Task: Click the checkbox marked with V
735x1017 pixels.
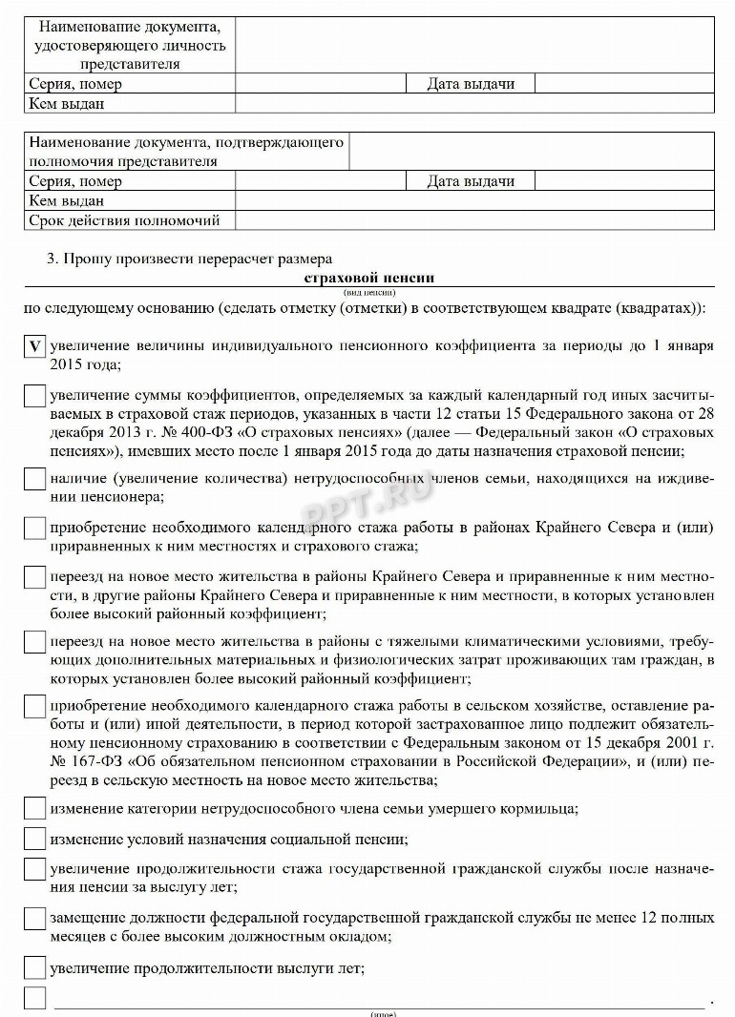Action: (34, 347)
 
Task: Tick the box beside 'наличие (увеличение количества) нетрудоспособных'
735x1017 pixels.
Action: (34, 478)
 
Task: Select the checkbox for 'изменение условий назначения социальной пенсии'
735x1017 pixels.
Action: (34, 840)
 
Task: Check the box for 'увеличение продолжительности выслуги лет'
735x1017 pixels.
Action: (34, 968)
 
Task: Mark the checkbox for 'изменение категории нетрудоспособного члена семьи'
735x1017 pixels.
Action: (34, 810)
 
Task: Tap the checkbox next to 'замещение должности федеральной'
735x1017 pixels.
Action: (34, 918)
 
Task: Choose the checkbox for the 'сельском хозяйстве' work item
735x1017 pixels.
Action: (34, 707)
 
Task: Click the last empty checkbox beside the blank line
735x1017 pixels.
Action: (34, 999)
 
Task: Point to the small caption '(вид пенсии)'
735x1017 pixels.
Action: (368, 291)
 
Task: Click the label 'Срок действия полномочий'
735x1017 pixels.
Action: (125, 220)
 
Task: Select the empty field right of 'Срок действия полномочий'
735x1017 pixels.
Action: (474, 220)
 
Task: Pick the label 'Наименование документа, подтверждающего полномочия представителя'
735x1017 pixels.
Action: (186, 152)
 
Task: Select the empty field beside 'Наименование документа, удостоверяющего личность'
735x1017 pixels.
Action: (474, 45)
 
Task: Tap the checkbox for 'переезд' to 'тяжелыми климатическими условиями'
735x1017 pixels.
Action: (34, 641)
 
